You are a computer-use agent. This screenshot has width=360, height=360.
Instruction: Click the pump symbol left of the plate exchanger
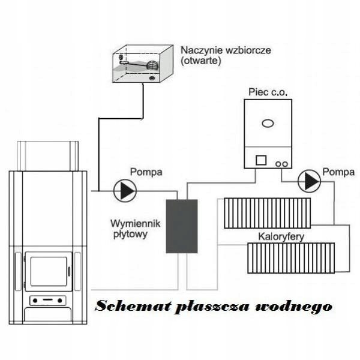(x=125, y=191)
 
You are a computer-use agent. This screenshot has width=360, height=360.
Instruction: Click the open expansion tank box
(x=141, y=64)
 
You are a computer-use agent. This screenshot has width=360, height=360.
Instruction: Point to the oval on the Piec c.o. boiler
(x=268, y=124)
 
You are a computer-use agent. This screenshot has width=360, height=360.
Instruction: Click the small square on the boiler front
(x=261, y=161)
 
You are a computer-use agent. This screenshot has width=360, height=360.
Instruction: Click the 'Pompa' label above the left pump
(x=146, y=172)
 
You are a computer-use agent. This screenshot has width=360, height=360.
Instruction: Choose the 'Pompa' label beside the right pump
(x=338, y=172)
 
